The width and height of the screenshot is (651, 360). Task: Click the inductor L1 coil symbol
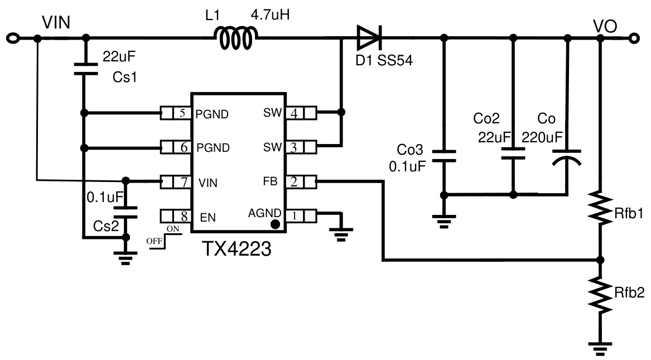(235, 39)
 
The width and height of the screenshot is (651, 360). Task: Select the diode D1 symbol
(369, 39)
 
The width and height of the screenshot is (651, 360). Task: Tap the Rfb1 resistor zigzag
(600, 208)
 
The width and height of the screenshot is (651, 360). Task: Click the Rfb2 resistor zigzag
(600, 296)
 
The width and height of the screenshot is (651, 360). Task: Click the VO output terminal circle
(633, 39)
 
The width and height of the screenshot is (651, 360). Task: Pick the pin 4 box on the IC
(294, 113)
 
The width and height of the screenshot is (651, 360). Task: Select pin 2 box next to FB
(294, 181)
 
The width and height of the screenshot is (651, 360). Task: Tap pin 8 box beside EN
(181, 216)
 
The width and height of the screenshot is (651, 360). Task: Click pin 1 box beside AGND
(294, 215)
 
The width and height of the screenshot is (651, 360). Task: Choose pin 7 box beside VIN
(181, 182)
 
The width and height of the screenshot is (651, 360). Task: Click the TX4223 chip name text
(237, 248)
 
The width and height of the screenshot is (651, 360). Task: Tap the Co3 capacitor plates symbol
(444, 156)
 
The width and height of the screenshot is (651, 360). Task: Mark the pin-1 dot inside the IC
(274, 224)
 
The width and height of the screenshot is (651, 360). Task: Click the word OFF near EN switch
(153, 241)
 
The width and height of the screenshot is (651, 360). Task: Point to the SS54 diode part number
(395, 61)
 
